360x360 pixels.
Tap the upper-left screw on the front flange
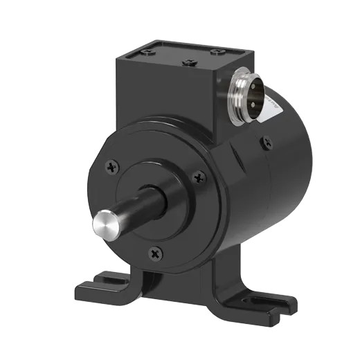click(113, 166)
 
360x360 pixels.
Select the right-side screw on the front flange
click(200, 178)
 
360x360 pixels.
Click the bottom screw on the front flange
click(154, 253)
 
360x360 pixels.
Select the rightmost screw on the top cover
click(218, 52)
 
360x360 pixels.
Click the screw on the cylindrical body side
click(267, 143)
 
